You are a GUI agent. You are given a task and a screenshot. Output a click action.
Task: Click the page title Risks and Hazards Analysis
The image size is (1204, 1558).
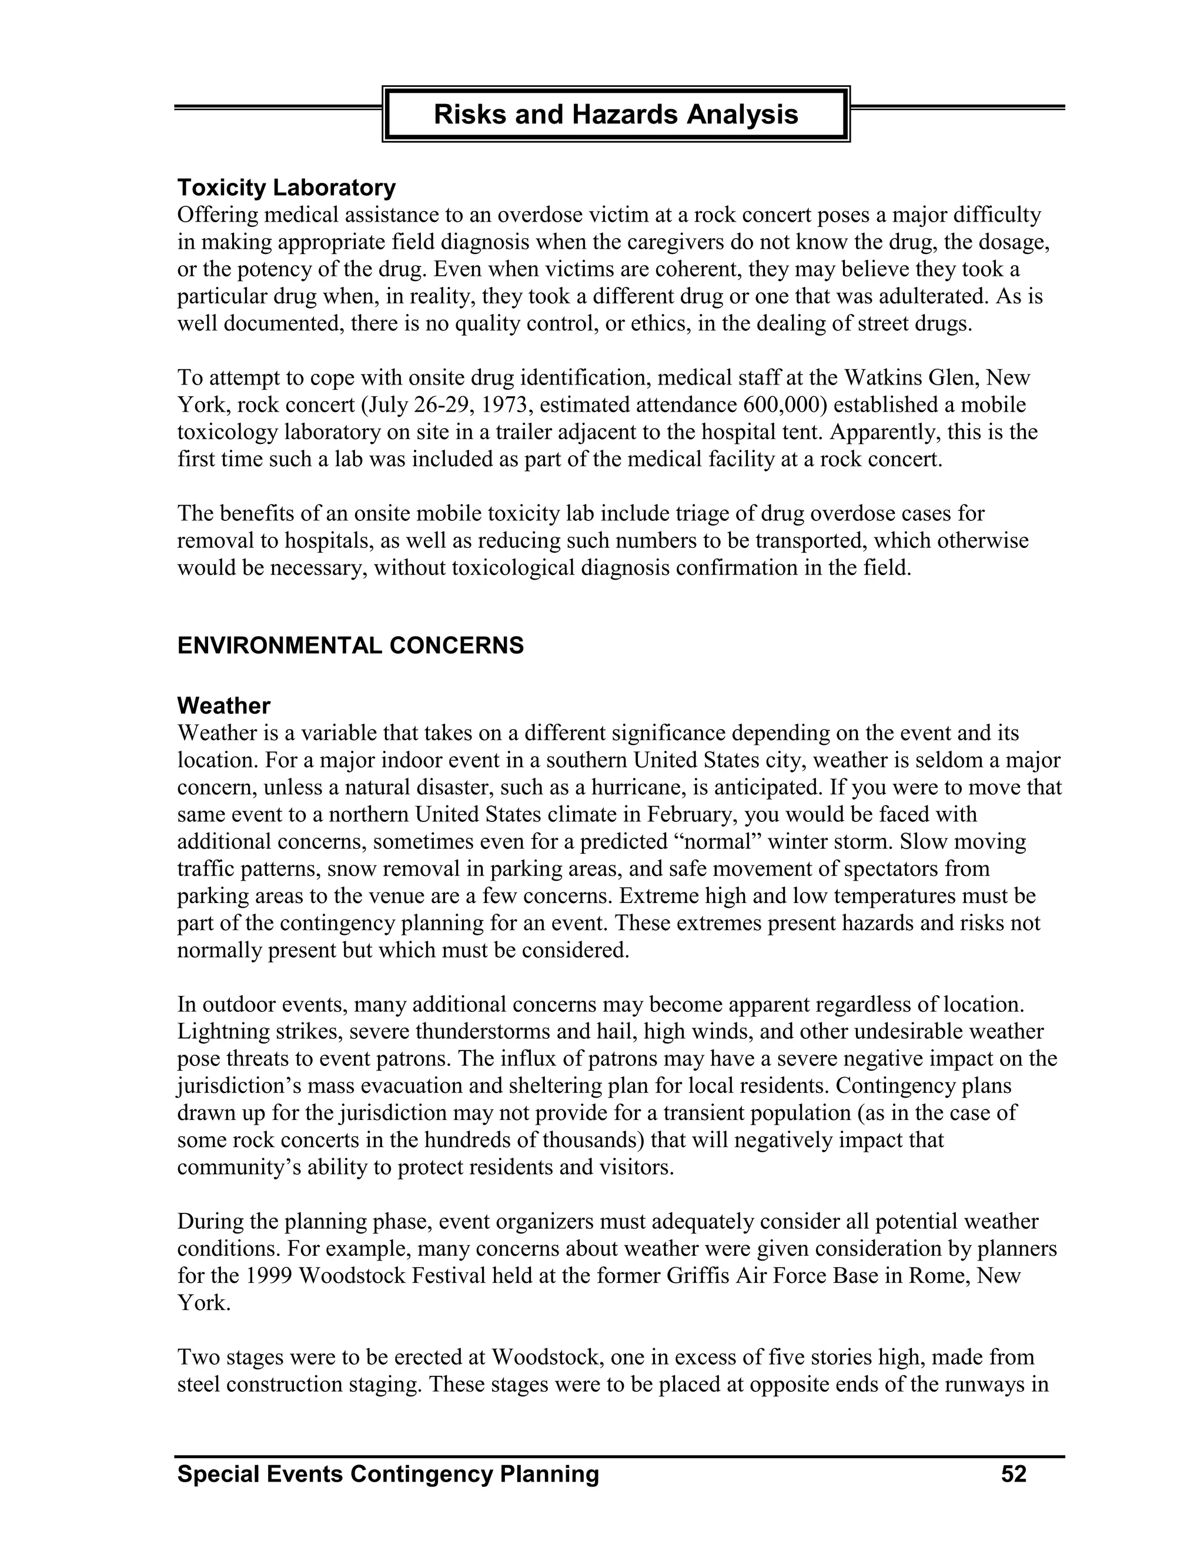616,114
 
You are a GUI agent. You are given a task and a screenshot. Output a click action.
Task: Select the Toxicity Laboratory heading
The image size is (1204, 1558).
286,188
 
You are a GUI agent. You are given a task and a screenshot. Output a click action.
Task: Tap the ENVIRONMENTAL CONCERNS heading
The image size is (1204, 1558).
350,646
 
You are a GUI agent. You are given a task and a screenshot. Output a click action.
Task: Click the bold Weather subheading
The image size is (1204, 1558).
223,706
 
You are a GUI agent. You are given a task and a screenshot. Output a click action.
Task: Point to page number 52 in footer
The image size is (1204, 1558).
1014,1474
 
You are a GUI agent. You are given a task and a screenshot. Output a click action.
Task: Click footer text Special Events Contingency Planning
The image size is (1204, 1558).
388,1474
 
